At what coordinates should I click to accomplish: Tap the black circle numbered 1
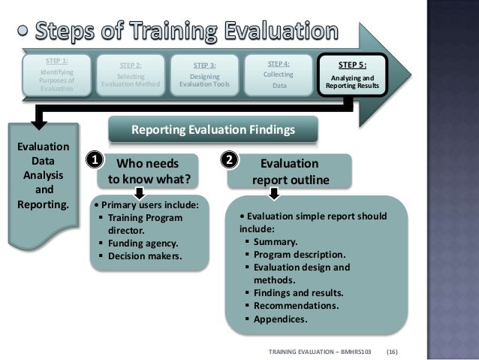click(x=94, y=160)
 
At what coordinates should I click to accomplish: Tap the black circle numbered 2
click(x=230, y=160)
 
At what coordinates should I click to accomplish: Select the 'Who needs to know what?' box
click(x=148, y=171)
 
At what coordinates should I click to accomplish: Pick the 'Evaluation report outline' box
click(x=289, y=171)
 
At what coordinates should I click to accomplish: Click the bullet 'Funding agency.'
click(x=142, y=244)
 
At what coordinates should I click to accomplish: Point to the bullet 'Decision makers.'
click(x=143, y=256)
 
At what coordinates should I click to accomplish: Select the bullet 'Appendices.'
click(x=281, y=319)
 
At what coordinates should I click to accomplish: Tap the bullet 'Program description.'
click(x=299, y=254)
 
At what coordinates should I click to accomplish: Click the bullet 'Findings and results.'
click(x=298, y=292)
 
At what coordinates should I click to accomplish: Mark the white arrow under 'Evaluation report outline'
click(x=275, y=194)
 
